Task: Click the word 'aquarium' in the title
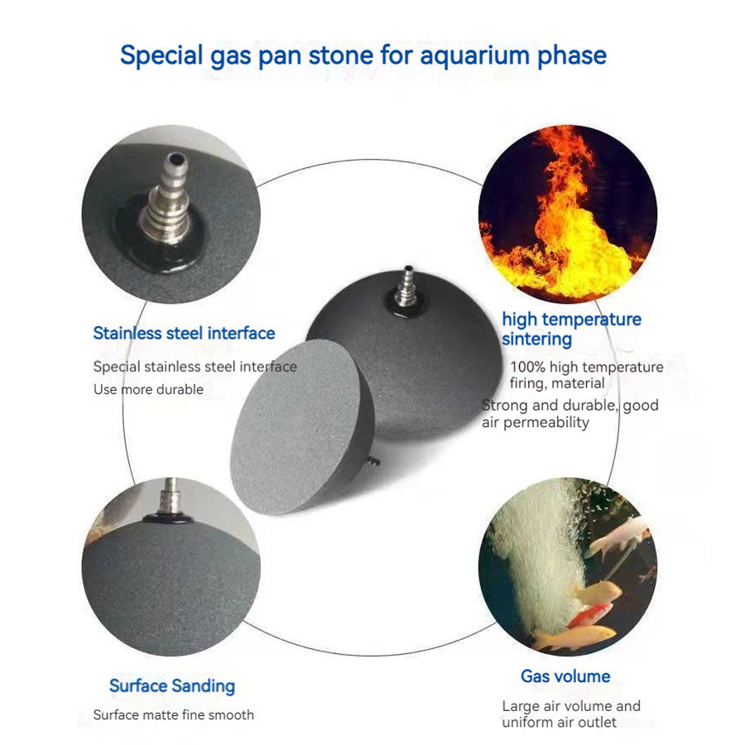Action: (x=475, y=56)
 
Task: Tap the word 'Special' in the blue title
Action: (x=161, y=56)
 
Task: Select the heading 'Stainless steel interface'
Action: (x=184, y=333)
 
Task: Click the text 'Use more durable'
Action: (x=148, y=390)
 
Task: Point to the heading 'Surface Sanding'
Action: (x=172, y=686)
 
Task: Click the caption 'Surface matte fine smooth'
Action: (x=174, y=715)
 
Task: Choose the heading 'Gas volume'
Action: (x=565, y=676)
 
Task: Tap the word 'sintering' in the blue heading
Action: (x=537, y=339)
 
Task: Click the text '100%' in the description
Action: (x=528, y=367)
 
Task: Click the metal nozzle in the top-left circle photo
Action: (x=166, y=199)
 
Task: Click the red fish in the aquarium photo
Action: (x=590, y=613)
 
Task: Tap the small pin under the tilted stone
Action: (x=374, y=460)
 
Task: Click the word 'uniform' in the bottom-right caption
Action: (x=527, y=723)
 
